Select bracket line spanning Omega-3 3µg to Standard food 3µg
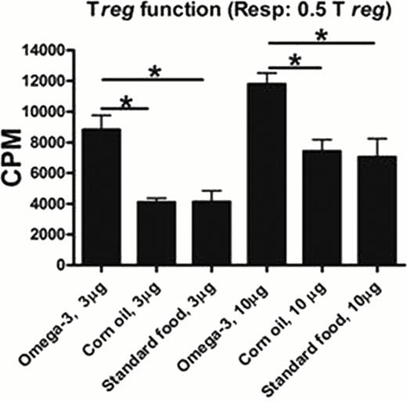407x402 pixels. [x=153, y=79]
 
